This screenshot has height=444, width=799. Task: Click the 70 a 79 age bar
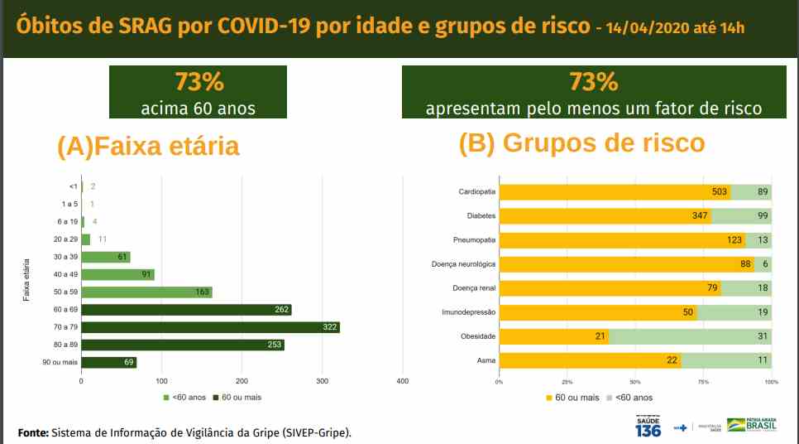[x=210, y=327]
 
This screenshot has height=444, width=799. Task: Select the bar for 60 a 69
[x=186, y=310]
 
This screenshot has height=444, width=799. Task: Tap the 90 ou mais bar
[x=108, y=363]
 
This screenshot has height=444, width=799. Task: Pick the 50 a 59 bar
[x=146, y=292]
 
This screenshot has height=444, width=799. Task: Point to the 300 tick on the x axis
[x=323, y=381]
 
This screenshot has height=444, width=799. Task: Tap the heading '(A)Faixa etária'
[x=148, y=146]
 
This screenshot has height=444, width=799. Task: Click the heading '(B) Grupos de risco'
[x=581, y=142]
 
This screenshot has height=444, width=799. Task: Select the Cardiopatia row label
[x=477, y=192]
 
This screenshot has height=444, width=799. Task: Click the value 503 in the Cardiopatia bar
[x=720, y=192]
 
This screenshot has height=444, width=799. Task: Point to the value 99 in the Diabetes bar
[x=762, y=216]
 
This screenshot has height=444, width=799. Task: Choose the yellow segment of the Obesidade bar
[x=555, y=336]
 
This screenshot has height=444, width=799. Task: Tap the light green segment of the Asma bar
[x=726, y=360]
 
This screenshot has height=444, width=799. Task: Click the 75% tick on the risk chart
[x=703, y=382]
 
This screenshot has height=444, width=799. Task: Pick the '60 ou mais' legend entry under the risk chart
[x=572, y=398]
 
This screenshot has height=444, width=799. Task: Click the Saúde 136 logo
[x=648, y=426]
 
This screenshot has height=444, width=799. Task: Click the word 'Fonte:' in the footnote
[x=33, y=432]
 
